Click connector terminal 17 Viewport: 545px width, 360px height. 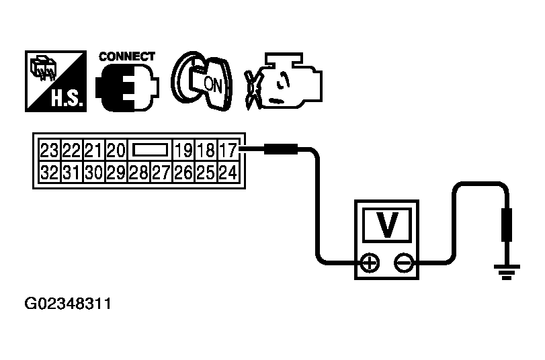[x=228, y=150]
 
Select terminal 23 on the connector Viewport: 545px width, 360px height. [x=49, y=150]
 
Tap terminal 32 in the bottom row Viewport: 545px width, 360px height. [x=49, y=172]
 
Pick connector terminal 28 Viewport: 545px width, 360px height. [x=138, y=172]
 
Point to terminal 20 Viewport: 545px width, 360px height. [x=116, y=150]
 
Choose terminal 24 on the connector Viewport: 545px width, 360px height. [x=228, y=172]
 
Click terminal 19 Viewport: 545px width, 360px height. [x=184, y=150]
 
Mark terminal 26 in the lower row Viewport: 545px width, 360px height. [x=184, y=172]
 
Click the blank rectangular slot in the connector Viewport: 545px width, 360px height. [x=150, y=150]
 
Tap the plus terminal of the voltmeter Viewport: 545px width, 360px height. [x=370, y=263]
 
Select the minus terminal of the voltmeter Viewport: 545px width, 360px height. [x=404, y=263]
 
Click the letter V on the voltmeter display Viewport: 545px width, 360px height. [x=387, y=224]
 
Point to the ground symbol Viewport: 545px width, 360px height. [x=507, y=272]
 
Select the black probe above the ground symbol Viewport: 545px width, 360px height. [x=507, y=225]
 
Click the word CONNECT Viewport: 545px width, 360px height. [x=126, y=56]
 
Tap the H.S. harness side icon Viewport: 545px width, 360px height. [x=56, y=81]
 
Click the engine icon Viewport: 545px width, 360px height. [x=284, y=81]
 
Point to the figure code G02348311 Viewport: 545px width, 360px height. [x=68, y=304]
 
